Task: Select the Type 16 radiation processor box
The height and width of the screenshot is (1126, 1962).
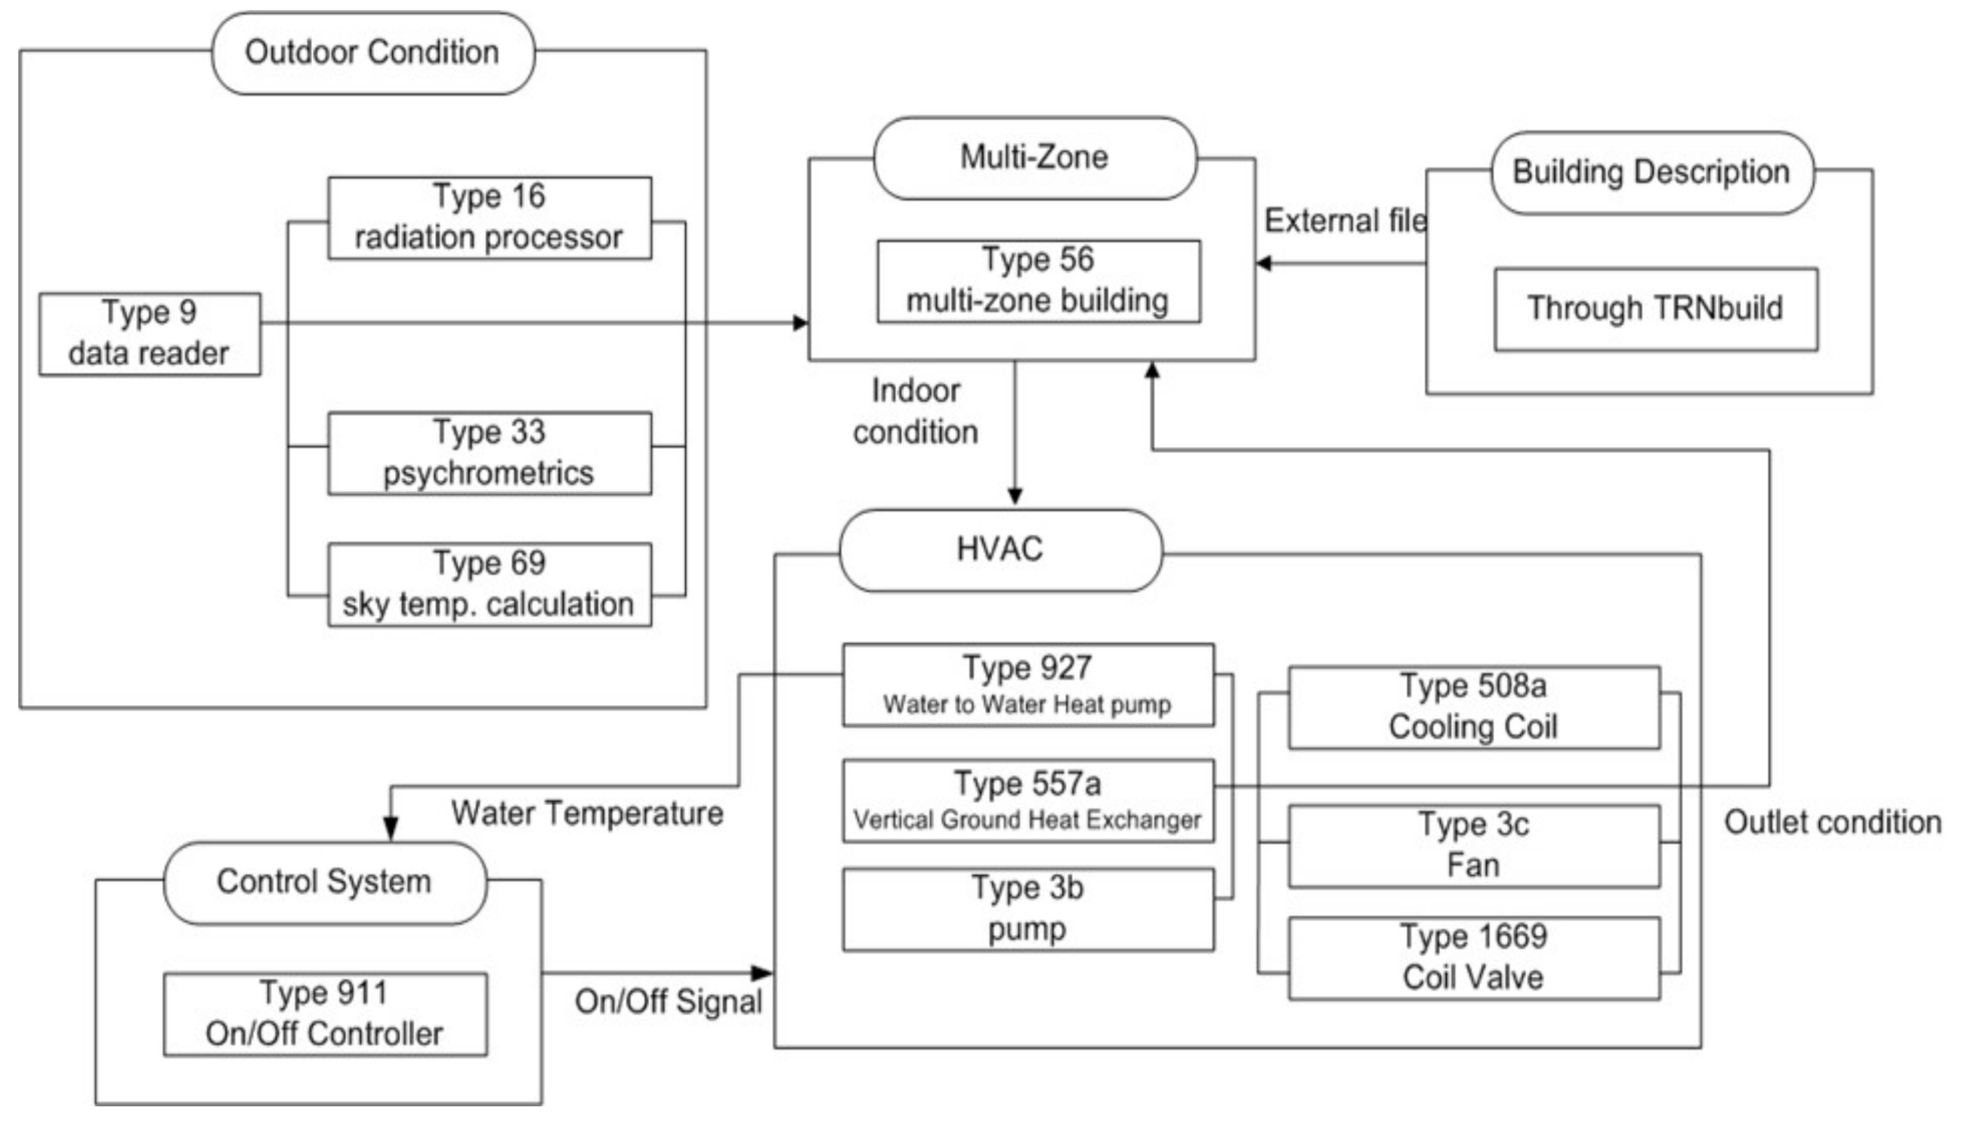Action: [490, 218]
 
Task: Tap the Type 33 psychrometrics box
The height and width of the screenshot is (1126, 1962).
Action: [490, 453]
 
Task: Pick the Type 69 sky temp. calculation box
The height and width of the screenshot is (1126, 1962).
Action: [490, 585]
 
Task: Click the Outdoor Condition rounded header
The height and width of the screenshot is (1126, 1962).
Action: [372, 53]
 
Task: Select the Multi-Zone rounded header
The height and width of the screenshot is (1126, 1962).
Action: [1034, 158]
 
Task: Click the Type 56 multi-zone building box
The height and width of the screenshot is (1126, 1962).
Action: [1038, 280]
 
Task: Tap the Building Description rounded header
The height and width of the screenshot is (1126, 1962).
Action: [1651, 172]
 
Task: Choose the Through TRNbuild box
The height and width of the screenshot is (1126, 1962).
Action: [1655, 309]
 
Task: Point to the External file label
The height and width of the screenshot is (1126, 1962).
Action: [1345, 221]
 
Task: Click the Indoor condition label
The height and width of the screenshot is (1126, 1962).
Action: [916, 411]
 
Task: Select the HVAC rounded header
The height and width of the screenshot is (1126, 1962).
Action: [1000, 550]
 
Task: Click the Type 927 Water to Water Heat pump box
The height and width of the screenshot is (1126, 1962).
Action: [1027, 685]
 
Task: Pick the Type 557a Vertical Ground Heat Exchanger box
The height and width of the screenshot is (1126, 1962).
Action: [1027, 800]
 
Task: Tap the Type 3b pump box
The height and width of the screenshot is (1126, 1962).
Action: [1027, 909]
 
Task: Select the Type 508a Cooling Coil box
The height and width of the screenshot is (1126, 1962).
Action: [1473, 707]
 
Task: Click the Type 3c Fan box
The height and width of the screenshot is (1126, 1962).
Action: [1473, 846]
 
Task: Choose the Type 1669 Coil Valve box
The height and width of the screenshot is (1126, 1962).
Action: [1473, 957]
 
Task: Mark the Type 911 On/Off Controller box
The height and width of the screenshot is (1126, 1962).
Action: [325, 1014]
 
